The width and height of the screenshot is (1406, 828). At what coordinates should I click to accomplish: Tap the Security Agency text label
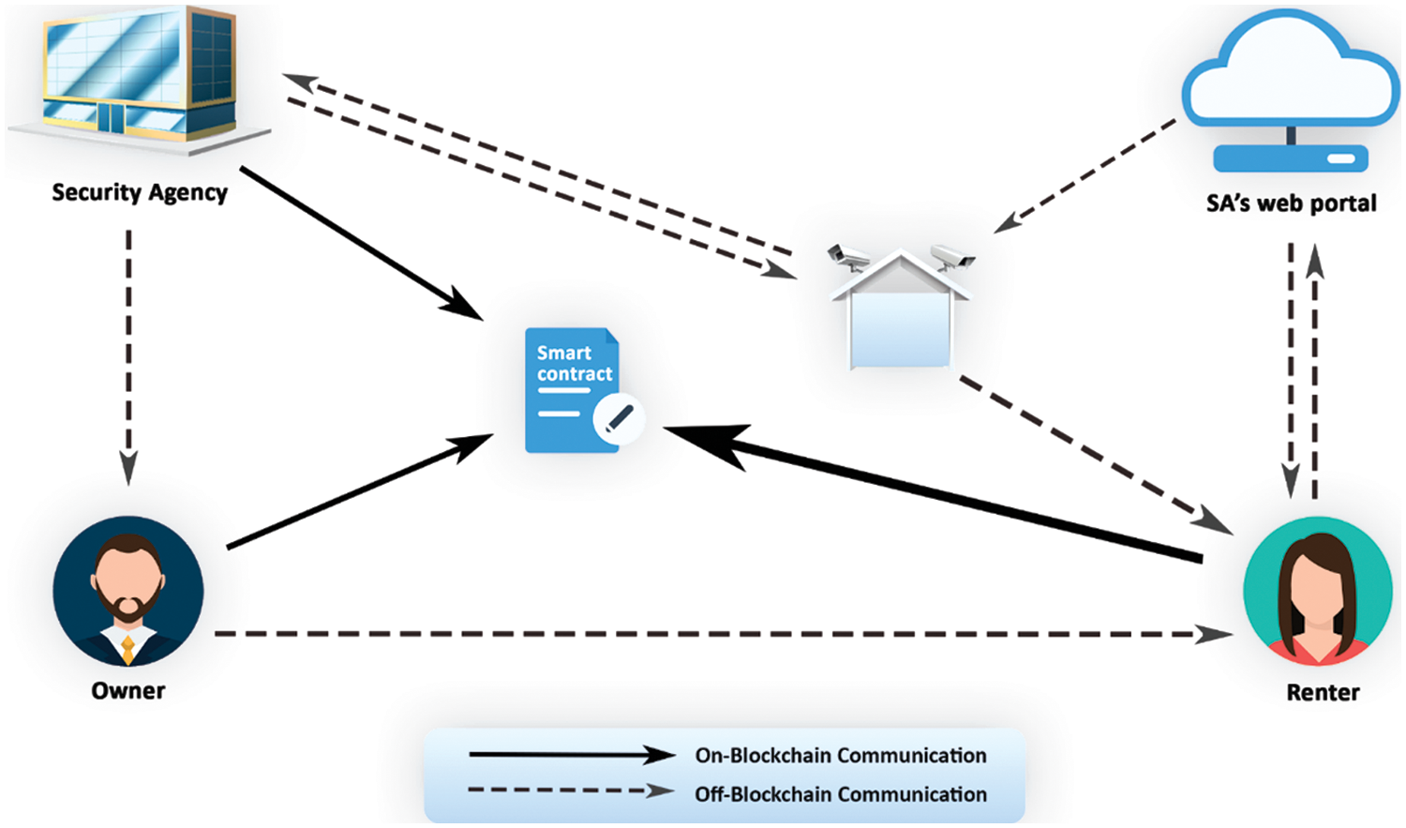[x=140, y=192]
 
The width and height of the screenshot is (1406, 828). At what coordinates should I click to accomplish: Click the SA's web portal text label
[x=1291, y=203]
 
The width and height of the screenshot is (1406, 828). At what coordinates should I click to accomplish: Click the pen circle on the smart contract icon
[x=619, y=418]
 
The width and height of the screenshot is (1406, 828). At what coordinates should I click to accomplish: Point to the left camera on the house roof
[x=848, y=256]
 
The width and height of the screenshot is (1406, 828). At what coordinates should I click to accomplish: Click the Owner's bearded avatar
[x=128, y=591]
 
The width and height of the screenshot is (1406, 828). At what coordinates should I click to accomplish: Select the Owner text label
[x=128, y=691]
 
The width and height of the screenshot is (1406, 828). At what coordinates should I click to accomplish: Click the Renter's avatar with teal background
[x=1318, y=591]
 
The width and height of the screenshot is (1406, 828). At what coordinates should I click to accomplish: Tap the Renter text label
[x=1323, y=693]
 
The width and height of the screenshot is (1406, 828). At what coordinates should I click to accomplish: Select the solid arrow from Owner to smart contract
[x=361, y=491]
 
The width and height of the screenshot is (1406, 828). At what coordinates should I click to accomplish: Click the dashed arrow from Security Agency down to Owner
[x=128, y=356]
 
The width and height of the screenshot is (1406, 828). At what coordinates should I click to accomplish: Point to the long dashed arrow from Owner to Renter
[x=722, y=635]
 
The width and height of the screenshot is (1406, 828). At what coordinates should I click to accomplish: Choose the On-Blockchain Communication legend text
[x=841, y=756]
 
